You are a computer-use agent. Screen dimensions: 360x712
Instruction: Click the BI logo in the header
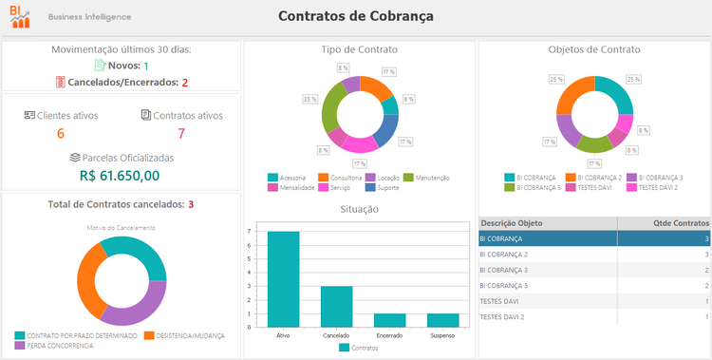click(20, 16)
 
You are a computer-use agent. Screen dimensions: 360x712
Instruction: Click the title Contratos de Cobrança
click(356, 16)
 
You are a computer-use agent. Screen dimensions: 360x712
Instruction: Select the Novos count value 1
click(146, 66)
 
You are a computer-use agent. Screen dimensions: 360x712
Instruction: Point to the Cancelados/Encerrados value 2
click(185, 83)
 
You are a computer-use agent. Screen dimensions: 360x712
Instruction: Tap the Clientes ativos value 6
click(61, 134)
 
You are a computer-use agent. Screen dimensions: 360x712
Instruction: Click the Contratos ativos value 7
click(181, 134)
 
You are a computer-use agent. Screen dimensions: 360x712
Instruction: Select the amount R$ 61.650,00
click(120, 175)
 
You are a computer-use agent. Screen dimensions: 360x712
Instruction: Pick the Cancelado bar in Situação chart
click(336, 307)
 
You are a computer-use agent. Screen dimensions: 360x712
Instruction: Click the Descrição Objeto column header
click(512, 223)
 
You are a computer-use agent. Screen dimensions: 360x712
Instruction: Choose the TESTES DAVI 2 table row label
click(504, 316)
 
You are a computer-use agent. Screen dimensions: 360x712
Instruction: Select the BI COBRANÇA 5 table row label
click(505, 285)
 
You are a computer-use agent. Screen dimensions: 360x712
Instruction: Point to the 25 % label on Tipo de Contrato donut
click(310, 99)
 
